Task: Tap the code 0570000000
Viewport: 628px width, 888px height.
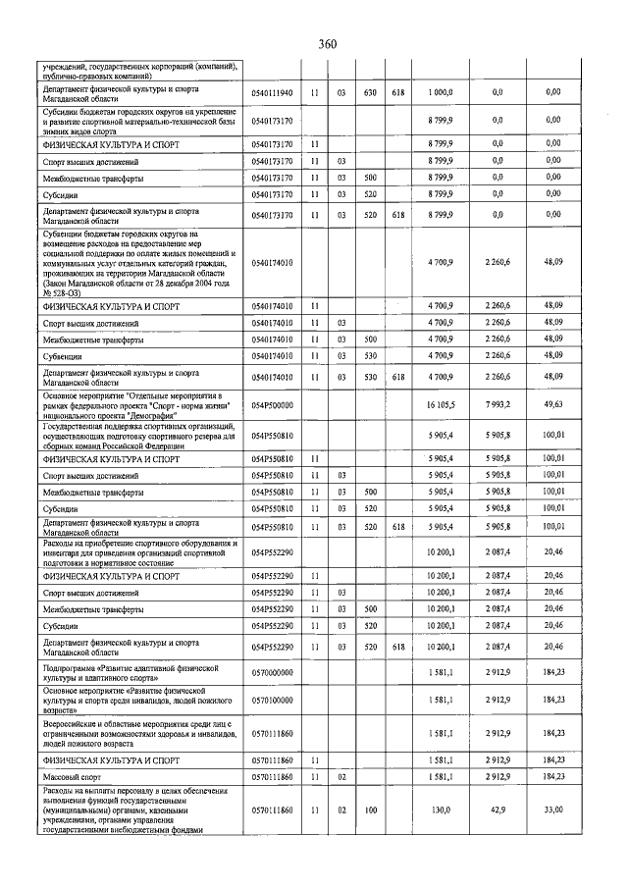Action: pyautogui.click(x=272, y=672)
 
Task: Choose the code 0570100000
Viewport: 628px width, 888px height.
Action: pyautogui.click(x=272, y=699)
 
